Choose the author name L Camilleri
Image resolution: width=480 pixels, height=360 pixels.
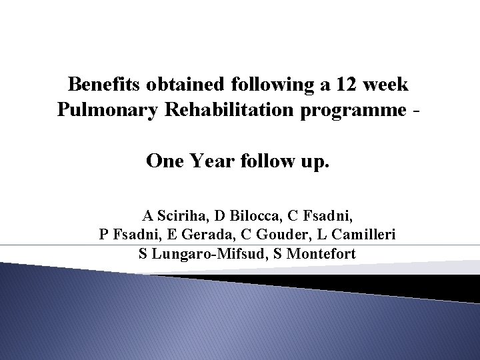[352, 235]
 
